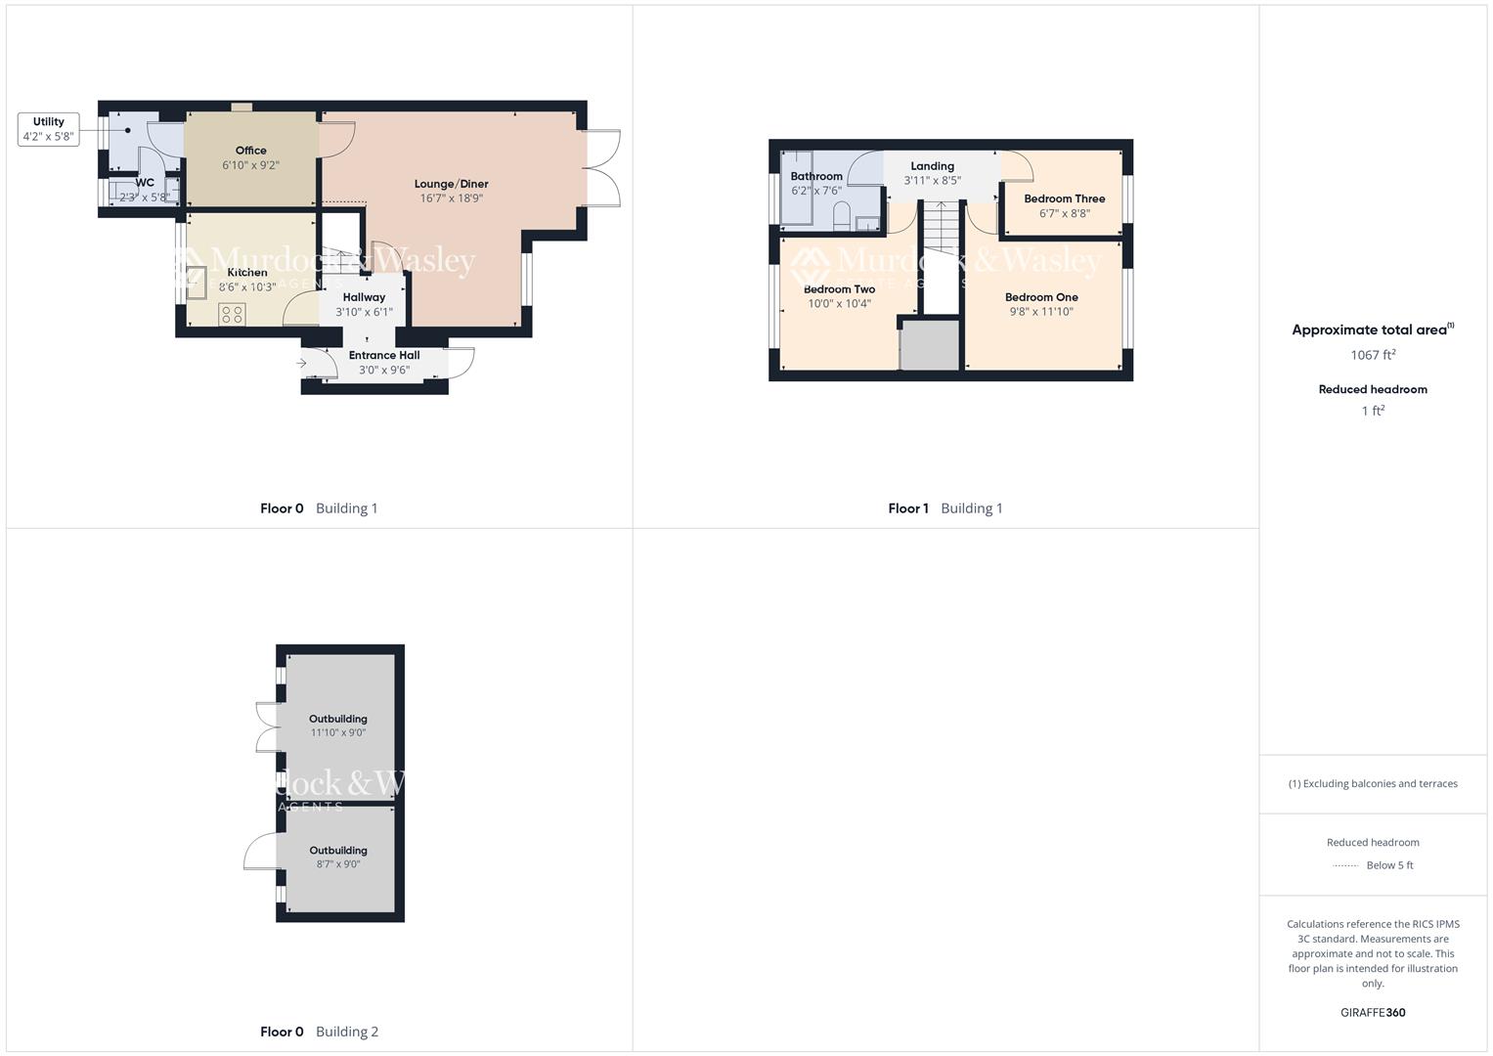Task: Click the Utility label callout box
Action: (x=48, y=129)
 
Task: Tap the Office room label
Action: (x=250, y=151)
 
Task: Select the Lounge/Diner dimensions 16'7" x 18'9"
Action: (x=451, y=198)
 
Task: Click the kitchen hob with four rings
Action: (x=233, y=314)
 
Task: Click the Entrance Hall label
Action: (x=384, y=356)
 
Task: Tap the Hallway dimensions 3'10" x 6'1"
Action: (x=364, y=313)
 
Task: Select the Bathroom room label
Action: (x=816, y=177)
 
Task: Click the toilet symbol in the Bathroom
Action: (x=842, y=218)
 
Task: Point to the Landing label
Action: (x=932, y=166)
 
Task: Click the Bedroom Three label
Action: (x=1064, y=198)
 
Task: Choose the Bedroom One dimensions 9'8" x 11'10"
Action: (x=1041, y=312)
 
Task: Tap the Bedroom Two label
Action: (x=839, y=289)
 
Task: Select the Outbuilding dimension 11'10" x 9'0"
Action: (x=338, y=733)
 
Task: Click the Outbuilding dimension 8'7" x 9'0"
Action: (x=338, y=864)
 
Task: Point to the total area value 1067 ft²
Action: (x=1373, y=355)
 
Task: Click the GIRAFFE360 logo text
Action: (x=1373, y=1013)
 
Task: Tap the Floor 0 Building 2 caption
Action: (x=319, y=1032)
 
